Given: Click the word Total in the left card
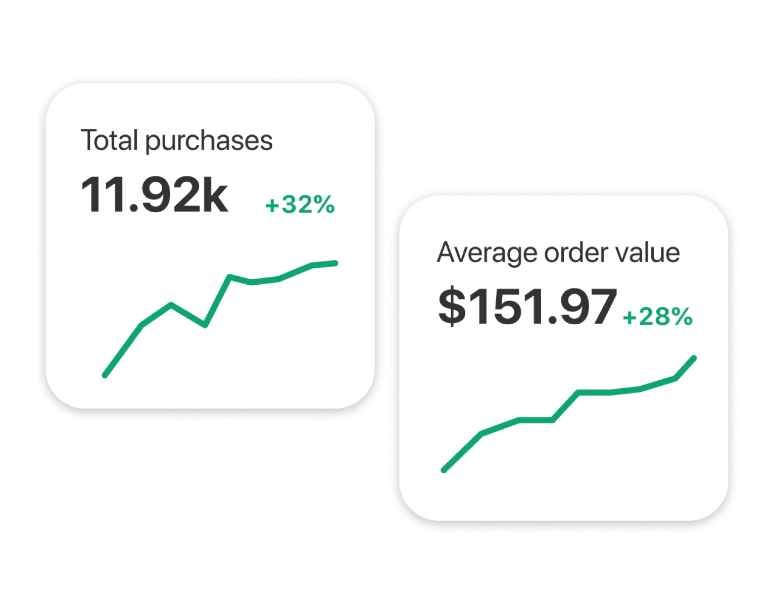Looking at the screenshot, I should click(x=109, y=140).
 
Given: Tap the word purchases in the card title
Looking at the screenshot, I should click(x=209, y=141).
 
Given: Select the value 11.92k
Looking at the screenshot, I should click(x=154, y=195).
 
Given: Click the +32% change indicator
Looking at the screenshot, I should click(x=300, y=205).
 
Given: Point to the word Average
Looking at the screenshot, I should click(x=487, y=252).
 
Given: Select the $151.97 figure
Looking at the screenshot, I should click(x=527, y=307).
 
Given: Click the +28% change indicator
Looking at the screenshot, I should click(x=657, y=317).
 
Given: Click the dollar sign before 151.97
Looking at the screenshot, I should click(x=452, y=307).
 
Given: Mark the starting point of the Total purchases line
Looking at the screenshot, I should click(x=105, y=375).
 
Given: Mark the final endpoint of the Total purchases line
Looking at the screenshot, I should click(x=335, y=263).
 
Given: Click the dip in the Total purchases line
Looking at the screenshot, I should click(x=205, y=325).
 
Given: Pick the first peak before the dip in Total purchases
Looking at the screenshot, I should click(x=171, y=305).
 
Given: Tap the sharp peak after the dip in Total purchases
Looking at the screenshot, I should click(x=230, y=276).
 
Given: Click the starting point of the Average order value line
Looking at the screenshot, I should click(x=444, y=470).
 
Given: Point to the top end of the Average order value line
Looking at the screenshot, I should click(x=694, y=358).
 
